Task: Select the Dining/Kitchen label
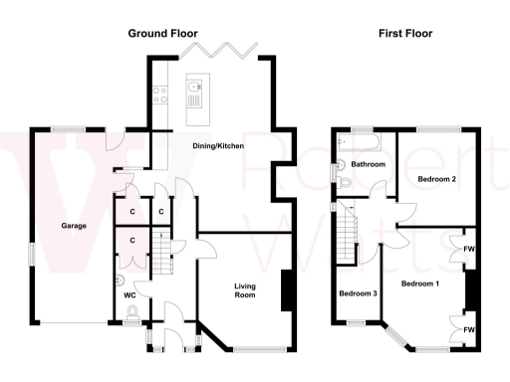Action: click(218, 146)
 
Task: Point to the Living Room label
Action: click(246, 291)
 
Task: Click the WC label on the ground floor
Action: click(129, 295)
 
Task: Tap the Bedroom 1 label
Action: click(420, 284)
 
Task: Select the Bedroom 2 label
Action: click(436, 179)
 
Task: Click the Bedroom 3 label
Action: click(358, 293)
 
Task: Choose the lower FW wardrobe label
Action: click(468, 328)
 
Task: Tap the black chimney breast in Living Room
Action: click(288, 289)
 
